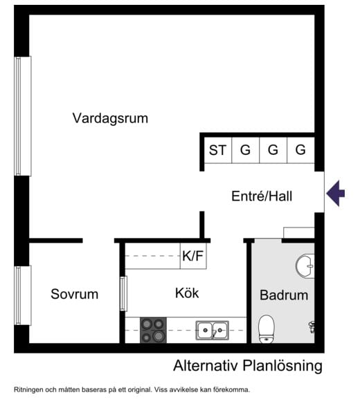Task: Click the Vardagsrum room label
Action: tap(110, 118)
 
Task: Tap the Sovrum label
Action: tap(74, 294)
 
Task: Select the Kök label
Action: tap(187, 293)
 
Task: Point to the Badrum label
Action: tap(283, 295)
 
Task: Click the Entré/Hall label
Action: tap(262, 196)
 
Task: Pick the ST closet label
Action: tap(218, 149)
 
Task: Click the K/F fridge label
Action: tap(193, 257)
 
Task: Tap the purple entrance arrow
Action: tap(336, 192)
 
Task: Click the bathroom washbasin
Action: tap(305, 264)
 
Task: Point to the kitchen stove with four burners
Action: tap(153, 330)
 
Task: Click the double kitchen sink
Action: tap(213, 330)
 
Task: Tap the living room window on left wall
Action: tap(23, 115)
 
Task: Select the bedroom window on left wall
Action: tap(23, 295)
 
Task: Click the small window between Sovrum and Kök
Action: tap(123, 293)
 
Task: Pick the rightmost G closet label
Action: tap(300, 149)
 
